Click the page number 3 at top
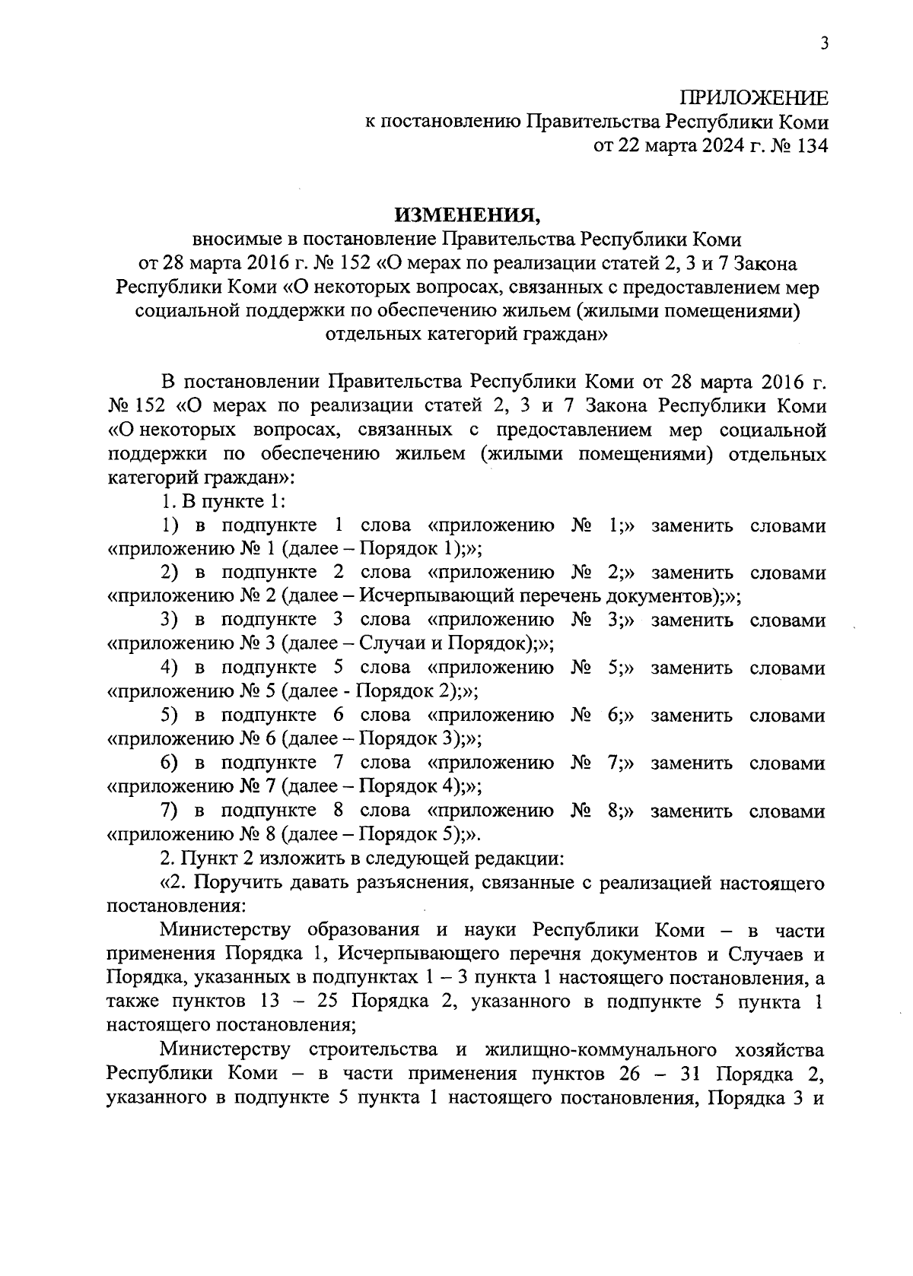point(823,43)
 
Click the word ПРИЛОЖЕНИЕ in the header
point(752,98)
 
